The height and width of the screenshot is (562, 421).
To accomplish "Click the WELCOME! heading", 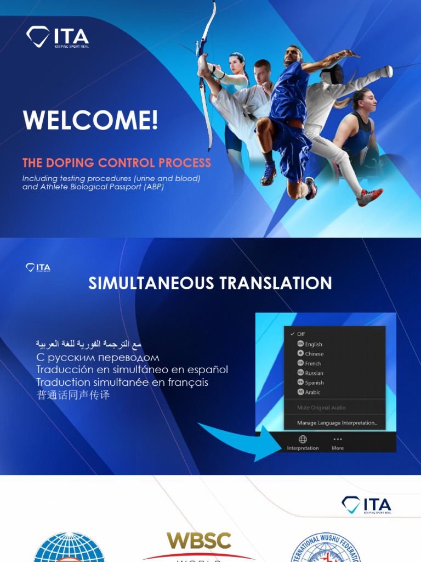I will pos(90,120).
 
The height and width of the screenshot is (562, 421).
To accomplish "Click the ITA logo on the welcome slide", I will pos(57,37).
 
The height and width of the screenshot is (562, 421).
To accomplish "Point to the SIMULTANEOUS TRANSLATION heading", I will pos(210,283).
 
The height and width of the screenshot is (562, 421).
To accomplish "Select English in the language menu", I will pos(314,344).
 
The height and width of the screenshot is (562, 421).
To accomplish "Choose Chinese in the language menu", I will pos(314,354).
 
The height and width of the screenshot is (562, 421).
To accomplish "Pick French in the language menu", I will pos(313,363).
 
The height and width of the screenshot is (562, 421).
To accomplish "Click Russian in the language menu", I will pos(314,373).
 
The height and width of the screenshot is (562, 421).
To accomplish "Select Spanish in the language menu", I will pos(314,383).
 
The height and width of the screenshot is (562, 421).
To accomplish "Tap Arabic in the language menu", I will pos(312,392).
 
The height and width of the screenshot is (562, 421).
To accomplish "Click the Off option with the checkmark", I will pos(301,334).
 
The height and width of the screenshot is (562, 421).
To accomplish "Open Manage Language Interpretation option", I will pos(337,423).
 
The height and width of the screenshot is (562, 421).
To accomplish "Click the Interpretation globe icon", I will pos(303,439).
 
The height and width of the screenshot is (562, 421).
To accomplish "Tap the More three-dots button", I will pos(338,439).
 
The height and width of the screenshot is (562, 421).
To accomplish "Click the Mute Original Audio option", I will pos(321,408).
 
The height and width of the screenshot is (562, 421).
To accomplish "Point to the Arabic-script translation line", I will pos(89,344).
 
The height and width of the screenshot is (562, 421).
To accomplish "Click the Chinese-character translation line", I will pos(73,395).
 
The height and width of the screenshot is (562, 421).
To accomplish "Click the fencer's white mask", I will pos(332,74).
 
